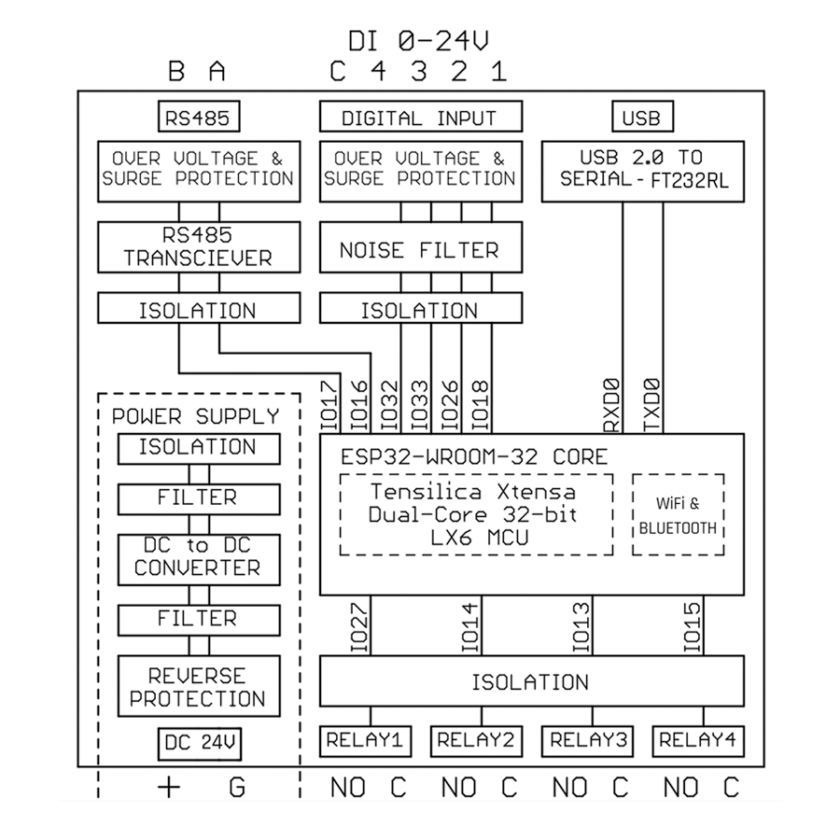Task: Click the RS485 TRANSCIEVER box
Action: click(199, 246)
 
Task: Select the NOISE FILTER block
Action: click(419, 250)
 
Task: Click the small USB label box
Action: click(640, 118)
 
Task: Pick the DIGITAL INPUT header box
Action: click(419, 118)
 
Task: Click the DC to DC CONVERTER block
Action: click(198, 557)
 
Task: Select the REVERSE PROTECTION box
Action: click(198, 687)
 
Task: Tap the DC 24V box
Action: click(198, 744)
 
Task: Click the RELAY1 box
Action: click(365, 741)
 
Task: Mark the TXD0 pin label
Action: click(652, 404)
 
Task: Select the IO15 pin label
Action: click(692, 625)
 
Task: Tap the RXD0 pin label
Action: click(612, 404)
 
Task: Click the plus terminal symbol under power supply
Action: click(169, 788)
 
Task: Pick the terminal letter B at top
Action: click(175, 72)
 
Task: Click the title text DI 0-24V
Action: click(419, 41)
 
